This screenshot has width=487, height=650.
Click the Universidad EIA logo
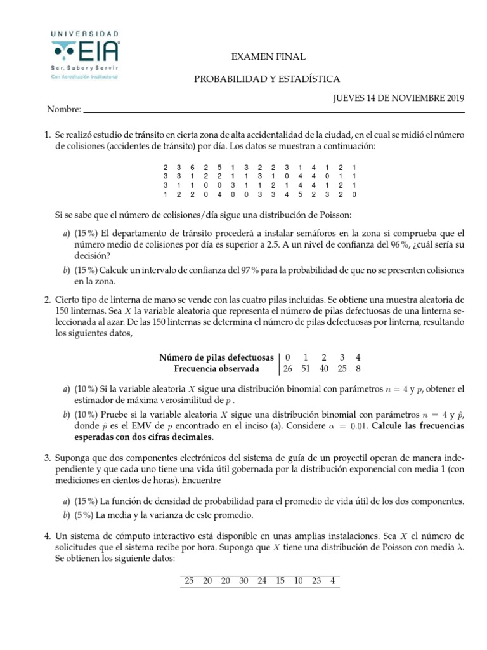[x=85, y=55]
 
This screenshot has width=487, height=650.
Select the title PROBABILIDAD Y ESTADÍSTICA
[x=267, y=79]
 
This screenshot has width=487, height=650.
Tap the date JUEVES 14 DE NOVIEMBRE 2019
[x=399, y=98]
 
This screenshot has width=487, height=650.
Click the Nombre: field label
[x=64, y=110]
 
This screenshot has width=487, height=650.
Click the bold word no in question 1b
[x=373, y=270]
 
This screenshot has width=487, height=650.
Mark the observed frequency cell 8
[x=358, y=368]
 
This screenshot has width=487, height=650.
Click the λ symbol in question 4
[x=461, y=548]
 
